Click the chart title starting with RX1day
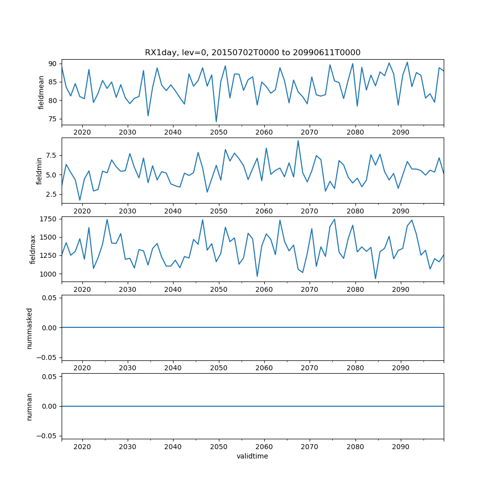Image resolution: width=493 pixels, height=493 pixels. (x=252, y=53)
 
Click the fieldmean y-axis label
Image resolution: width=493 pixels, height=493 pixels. (x=41, y=92)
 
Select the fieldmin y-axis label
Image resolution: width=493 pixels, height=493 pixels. (x=40, y=171)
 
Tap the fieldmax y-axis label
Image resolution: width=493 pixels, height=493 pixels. (x=33, y=249)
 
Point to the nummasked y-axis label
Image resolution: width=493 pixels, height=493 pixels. (x=29, y=328)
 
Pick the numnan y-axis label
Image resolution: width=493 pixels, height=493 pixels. (x=29, y=406)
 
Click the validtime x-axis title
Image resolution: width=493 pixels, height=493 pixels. (x=252, y=457)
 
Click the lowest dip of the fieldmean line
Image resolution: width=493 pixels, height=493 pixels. (x=216, y=121)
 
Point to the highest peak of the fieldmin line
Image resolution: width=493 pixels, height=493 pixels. (x=298, y=141)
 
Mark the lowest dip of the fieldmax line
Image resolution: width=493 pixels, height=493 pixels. (x=375, y=279)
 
